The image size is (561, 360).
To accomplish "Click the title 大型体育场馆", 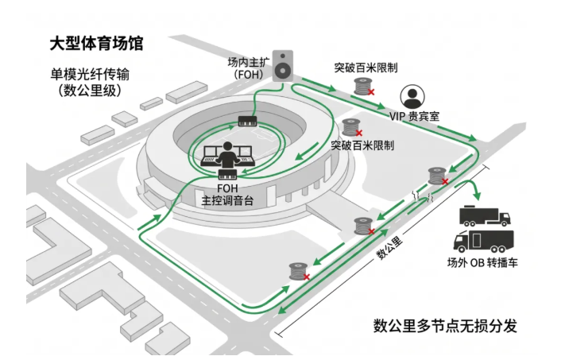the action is pos(96,44).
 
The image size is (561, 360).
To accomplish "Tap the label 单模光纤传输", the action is pos(90,75).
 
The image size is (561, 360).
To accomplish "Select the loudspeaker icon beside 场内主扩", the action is pos(283,66).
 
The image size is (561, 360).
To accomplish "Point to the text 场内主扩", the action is pos(249,62).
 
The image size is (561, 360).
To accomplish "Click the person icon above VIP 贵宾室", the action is pos(412,97).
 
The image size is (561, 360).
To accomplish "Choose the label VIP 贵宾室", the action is pos(414,116).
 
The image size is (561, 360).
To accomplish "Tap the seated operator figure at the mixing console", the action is pos(226,155).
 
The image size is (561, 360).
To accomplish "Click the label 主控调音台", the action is pos(227,200).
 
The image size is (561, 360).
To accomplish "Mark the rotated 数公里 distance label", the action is pos(389,247).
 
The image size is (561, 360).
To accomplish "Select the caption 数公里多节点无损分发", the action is pos(446,326).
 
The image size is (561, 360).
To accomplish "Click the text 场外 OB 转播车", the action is pos(482,263).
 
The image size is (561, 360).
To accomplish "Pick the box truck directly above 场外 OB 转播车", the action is pos(484,241).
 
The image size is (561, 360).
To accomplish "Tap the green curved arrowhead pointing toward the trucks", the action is pos(477,195).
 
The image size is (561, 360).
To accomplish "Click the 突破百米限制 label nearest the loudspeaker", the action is pos(366,68).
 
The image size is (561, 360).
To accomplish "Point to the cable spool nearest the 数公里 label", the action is pos(363,226).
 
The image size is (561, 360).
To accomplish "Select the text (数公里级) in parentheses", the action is pos(90,90).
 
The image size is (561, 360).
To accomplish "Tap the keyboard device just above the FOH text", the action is pos(228,175).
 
